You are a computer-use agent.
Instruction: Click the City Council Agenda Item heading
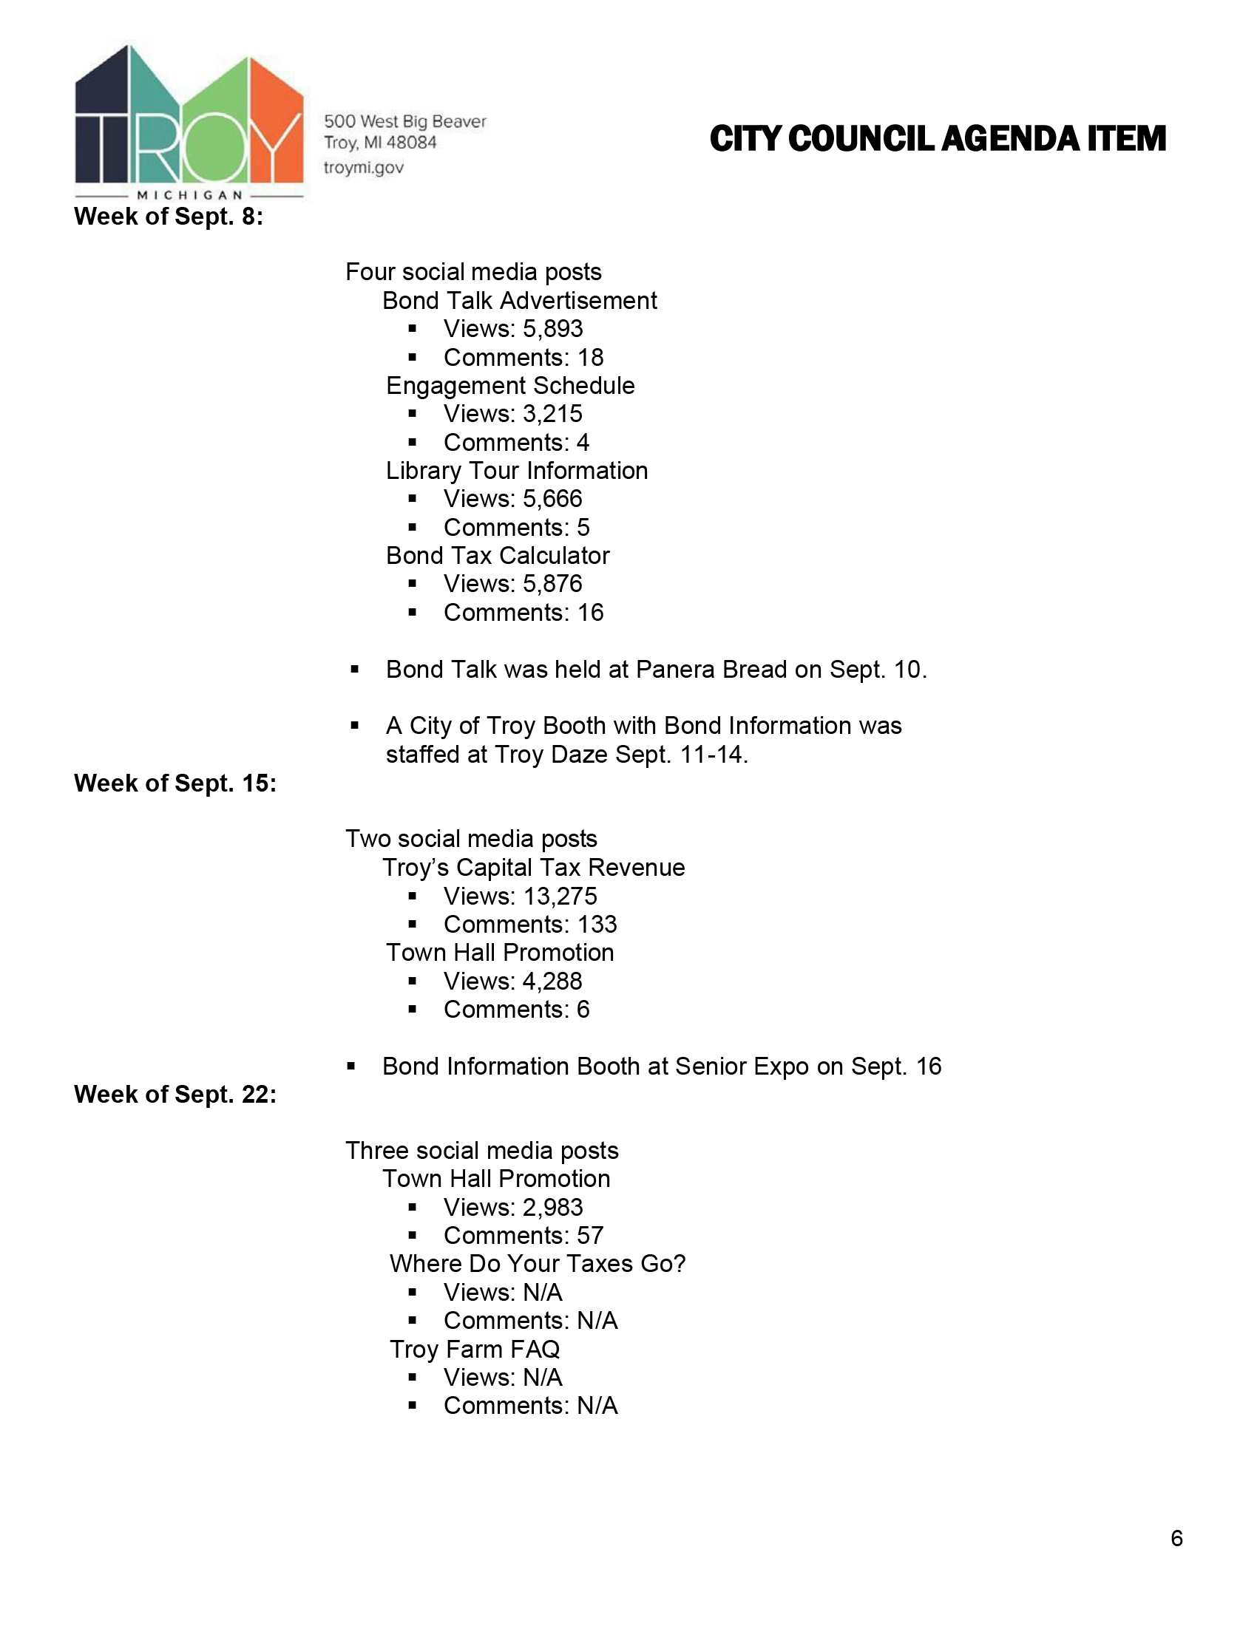(937, 139)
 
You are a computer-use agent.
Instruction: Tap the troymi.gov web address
(363, 168)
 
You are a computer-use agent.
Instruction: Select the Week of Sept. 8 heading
(169, 217)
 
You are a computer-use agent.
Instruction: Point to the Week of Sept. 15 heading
(175, 783)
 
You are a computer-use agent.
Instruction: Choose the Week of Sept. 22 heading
(175, 1095)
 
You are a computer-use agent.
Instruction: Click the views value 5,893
(552, 328)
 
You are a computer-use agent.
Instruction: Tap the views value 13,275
(559, 897)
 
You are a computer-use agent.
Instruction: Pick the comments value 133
(597, 925)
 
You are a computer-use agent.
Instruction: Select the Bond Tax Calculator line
(498, 555)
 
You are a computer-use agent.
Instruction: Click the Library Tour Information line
(517, 471)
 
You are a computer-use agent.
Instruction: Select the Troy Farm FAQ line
(475, 1349)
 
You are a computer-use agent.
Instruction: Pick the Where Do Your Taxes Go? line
(537, 1264)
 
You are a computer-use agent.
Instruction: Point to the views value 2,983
(552, 1208)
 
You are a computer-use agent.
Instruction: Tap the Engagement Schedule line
(510, 386)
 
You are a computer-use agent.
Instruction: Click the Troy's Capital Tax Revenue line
(533, 868)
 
